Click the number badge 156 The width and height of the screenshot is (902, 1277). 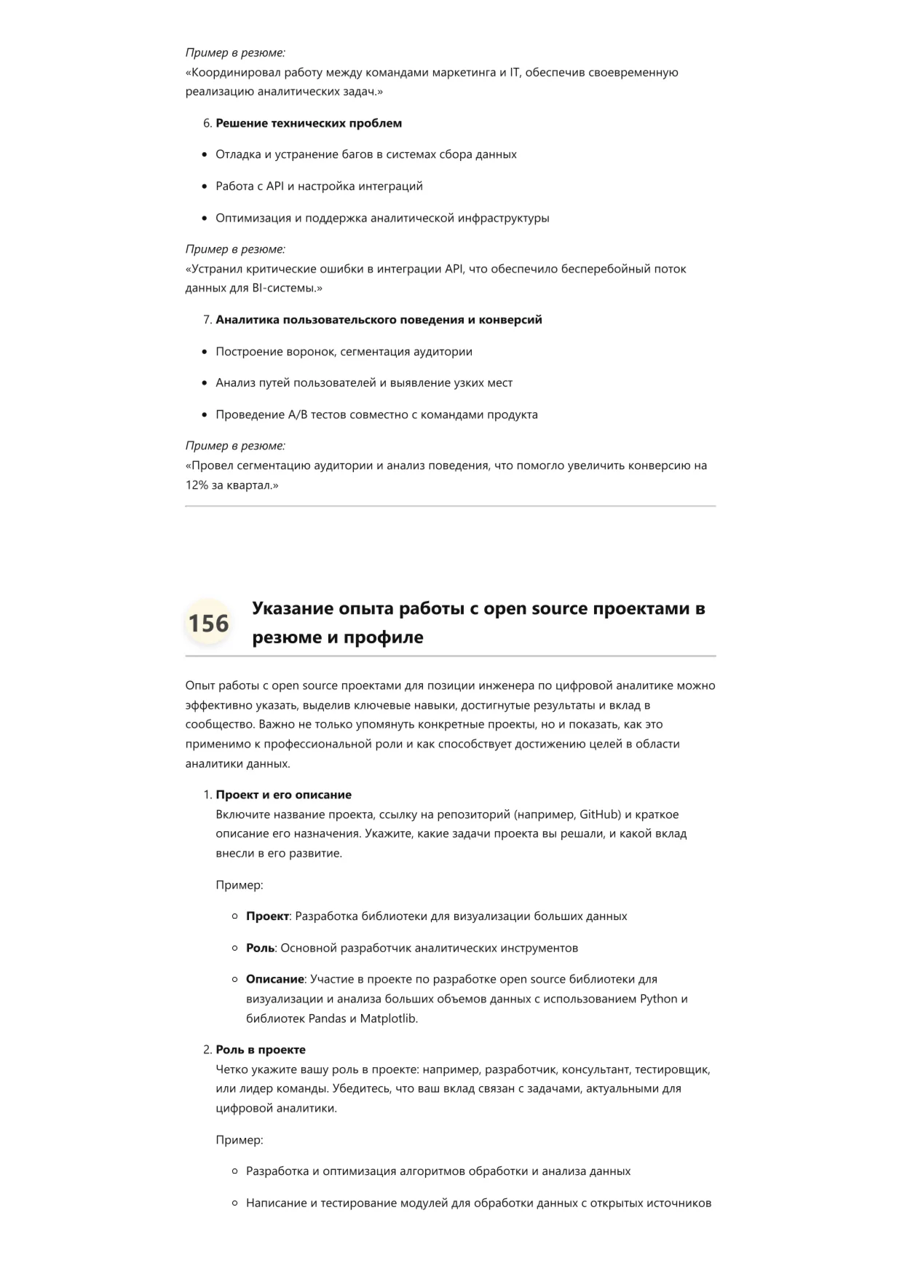point(208,624)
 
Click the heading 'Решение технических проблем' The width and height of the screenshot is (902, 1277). point(309,123)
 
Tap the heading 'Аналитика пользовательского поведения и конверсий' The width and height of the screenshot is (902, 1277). point(379,320)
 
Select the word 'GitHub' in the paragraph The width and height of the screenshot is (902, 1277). point(600,814)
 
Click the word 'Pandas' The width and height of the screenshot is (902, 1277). point(327,1018)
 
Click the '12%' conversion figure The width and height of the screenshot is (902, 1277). point(197,485)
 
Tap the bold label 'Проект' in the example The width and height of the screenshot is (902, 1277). point(267,916)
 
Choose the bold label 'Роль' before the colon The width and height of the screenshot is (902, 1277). point(260,948)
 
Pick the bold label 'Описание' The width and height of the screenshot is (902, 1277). point(274,980)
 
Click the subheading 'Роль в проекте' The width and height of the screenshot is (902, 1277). point(261,1050)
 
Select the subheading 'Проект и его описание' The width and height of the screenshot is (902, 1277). point(283,795)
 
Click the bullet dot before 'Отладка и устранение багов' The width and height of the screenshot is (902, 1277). point(205,155)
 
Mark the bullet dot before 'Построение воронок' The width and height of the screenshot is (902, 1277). point(205,352)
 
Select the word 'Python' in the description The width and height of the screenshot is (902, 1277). point(658,999)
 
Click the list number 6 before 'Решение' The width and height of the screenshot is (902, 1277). point(207,123)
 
